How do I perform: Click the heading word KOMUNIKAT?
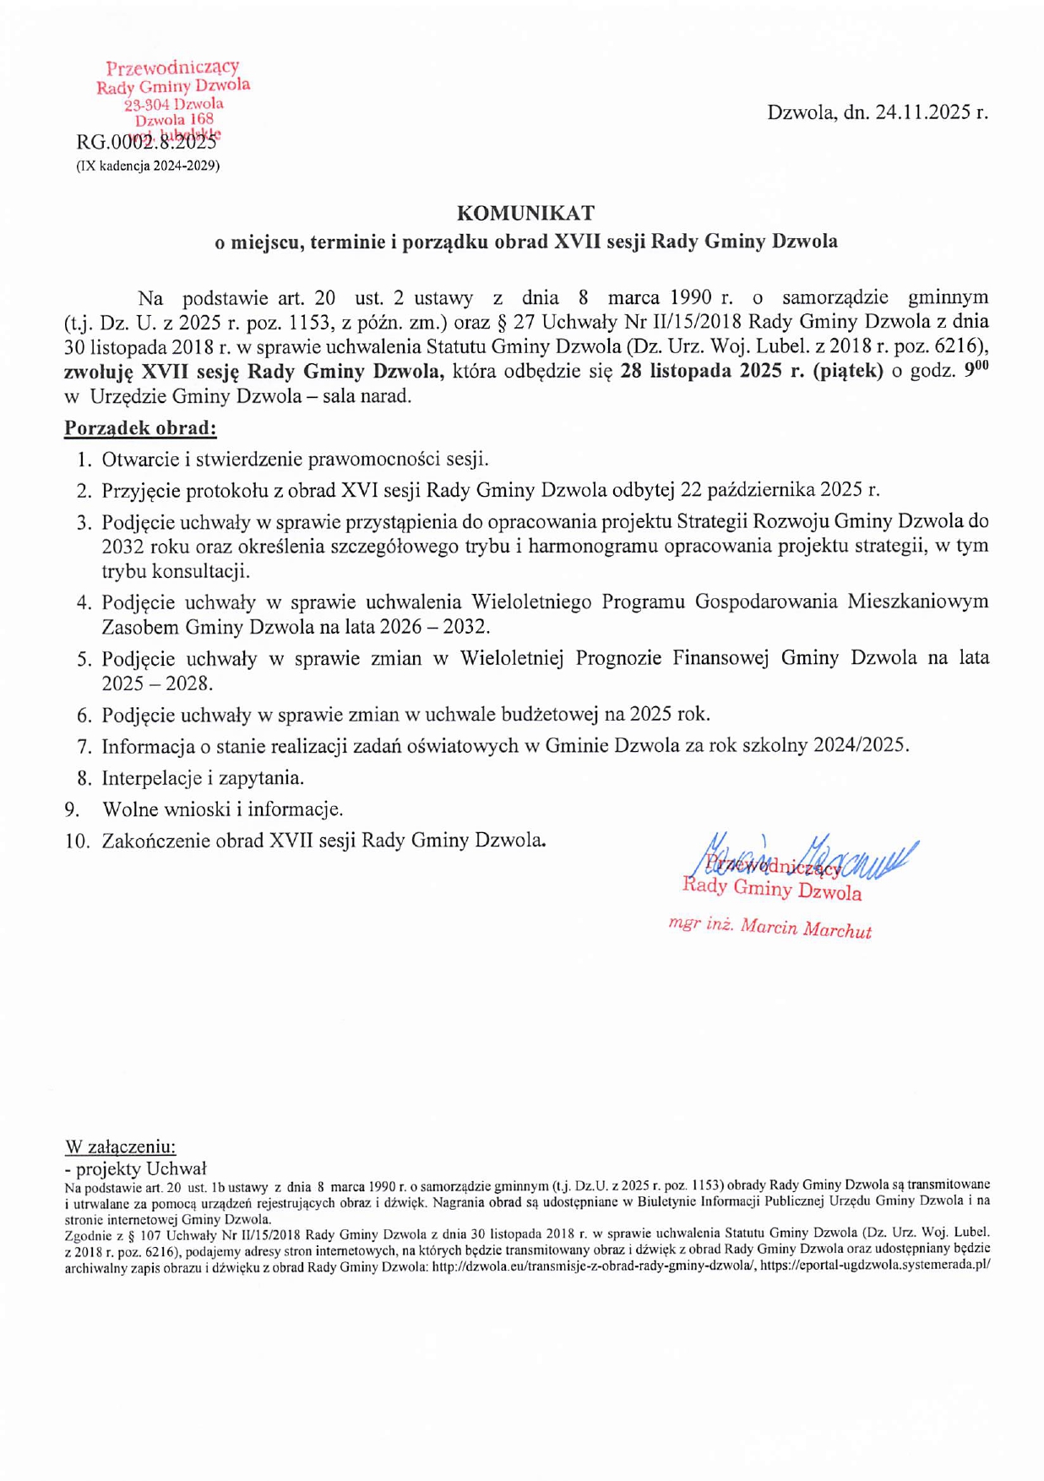[x=525, y=213]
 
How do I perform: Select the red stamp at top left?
[x=173, y=97]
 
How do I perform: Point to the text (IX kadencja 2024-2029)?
[x=148, y=166]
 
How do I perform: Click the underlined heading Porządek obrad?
[x=140, y=428]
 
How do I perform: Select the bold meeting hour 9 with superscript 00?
[x=976, y=370]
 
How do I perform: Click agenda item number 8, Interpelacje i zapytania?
[x=203, y=777]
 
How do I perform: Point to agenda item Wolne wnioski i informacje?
[x=222, y=809]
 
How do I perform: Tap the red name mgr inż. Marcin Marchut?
[x=769, y=927]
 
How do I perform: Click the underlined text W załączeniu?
[x=121, y=1146]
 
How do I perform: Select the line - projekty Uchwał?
[x=135, y=1168]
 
